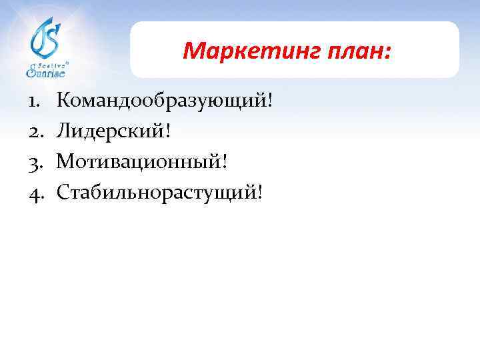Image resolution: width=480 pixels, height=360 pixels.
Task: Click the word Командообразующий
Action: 161,101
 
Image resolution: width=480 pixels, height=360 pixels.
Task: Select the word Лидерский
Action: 111,131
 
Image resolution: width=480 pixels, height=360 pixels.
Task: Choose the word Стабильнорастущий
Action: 157,193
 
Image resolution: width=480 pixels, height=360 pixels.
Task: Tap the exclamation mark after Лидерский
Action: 169,131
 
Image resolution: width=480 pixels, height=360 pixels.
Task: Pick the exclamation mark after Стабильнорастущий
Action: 260,193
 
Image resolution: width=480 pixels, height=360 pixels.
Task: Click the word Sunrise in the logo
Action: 46,71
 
